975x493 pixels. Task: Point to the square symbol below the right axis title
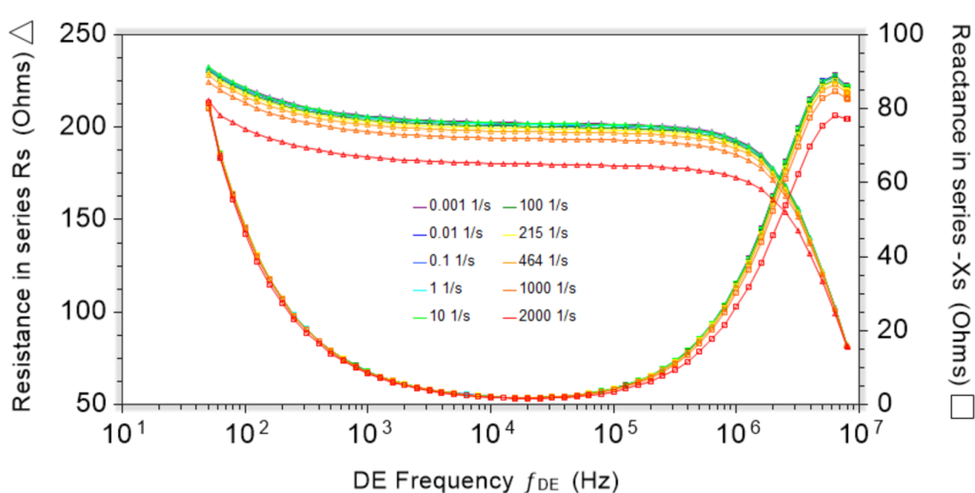[960, 406]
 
